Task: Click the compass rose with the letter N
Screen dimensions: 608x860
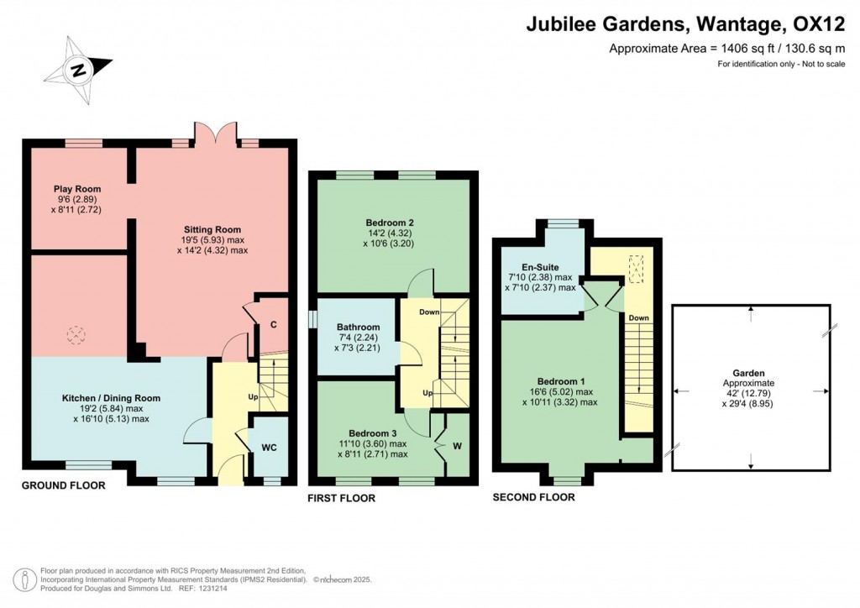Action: point(80,70)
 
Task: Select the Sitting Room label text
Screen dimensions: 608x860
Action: point(212,229)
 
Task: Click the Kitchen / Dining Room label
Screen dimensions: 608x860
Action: point(111,398)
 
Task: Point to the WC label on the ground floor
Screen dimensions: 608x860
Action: point(269,448)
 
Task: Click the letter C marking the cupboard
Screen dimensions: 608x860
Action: point(274,325)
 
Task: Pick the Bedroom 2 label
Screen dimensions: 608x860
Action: point(389,223)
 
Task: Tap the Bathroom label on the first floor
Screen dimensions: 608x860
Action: point(359,327)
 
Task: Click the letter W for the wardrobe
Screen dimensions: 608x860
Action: point(457,446)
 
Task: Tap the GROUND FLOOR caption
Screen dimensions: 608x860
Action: point(63,485)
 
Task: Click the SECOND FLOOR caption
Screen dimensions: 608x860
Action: point(533,497)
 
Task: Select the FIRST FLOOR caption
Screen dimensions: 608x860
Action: point(342,498)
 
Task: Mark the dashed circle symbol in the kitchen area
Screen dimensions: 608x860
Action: point(76,333)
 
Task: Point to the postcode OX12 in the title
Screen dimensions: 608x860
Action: point(818,24)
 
